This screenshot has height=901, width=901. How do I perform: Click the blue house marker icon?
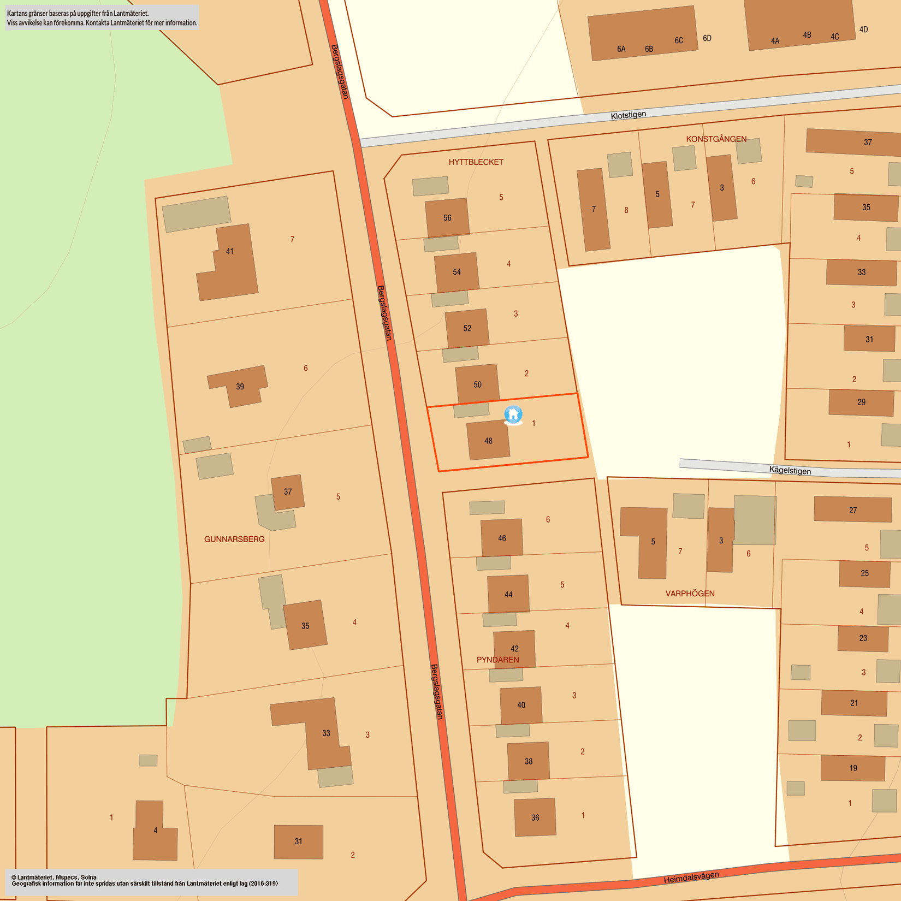513,415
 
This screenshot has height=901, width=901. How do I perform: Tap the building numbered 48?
488,441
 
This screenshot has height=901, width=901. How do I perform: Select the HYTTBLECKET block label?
476,162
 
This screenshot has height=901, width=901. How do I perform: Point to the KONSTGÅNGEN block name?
716,139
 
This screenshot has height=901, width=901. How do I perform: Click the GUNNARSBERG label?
234,539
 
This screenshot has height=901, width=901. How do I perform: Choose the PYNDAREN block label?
497,660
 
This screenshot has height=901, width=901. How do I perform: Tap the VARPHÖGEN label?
690,594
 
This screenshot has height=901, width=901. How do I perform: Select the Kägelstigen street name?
790,470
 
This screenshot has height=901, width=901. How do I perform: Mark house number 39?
240,387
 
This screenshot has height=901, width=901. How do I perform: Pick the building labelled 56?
447,218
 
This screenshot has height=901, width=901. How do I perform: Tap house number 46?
502,538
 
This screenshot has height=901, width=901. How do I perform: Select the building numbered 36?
535,817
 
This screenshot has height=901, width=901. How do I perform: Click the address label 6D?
707,38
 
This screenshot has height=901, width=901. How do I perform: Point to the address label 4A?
775,41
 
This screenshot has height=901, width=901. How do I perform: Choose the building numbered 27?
852,510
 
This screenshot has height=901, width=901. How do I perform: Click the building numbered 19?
853,768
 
